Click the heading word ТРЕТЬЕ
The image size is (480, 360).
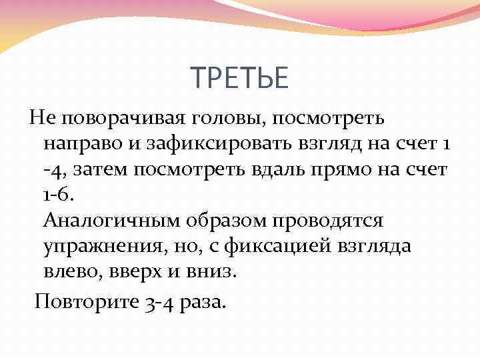pos(240,79)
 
